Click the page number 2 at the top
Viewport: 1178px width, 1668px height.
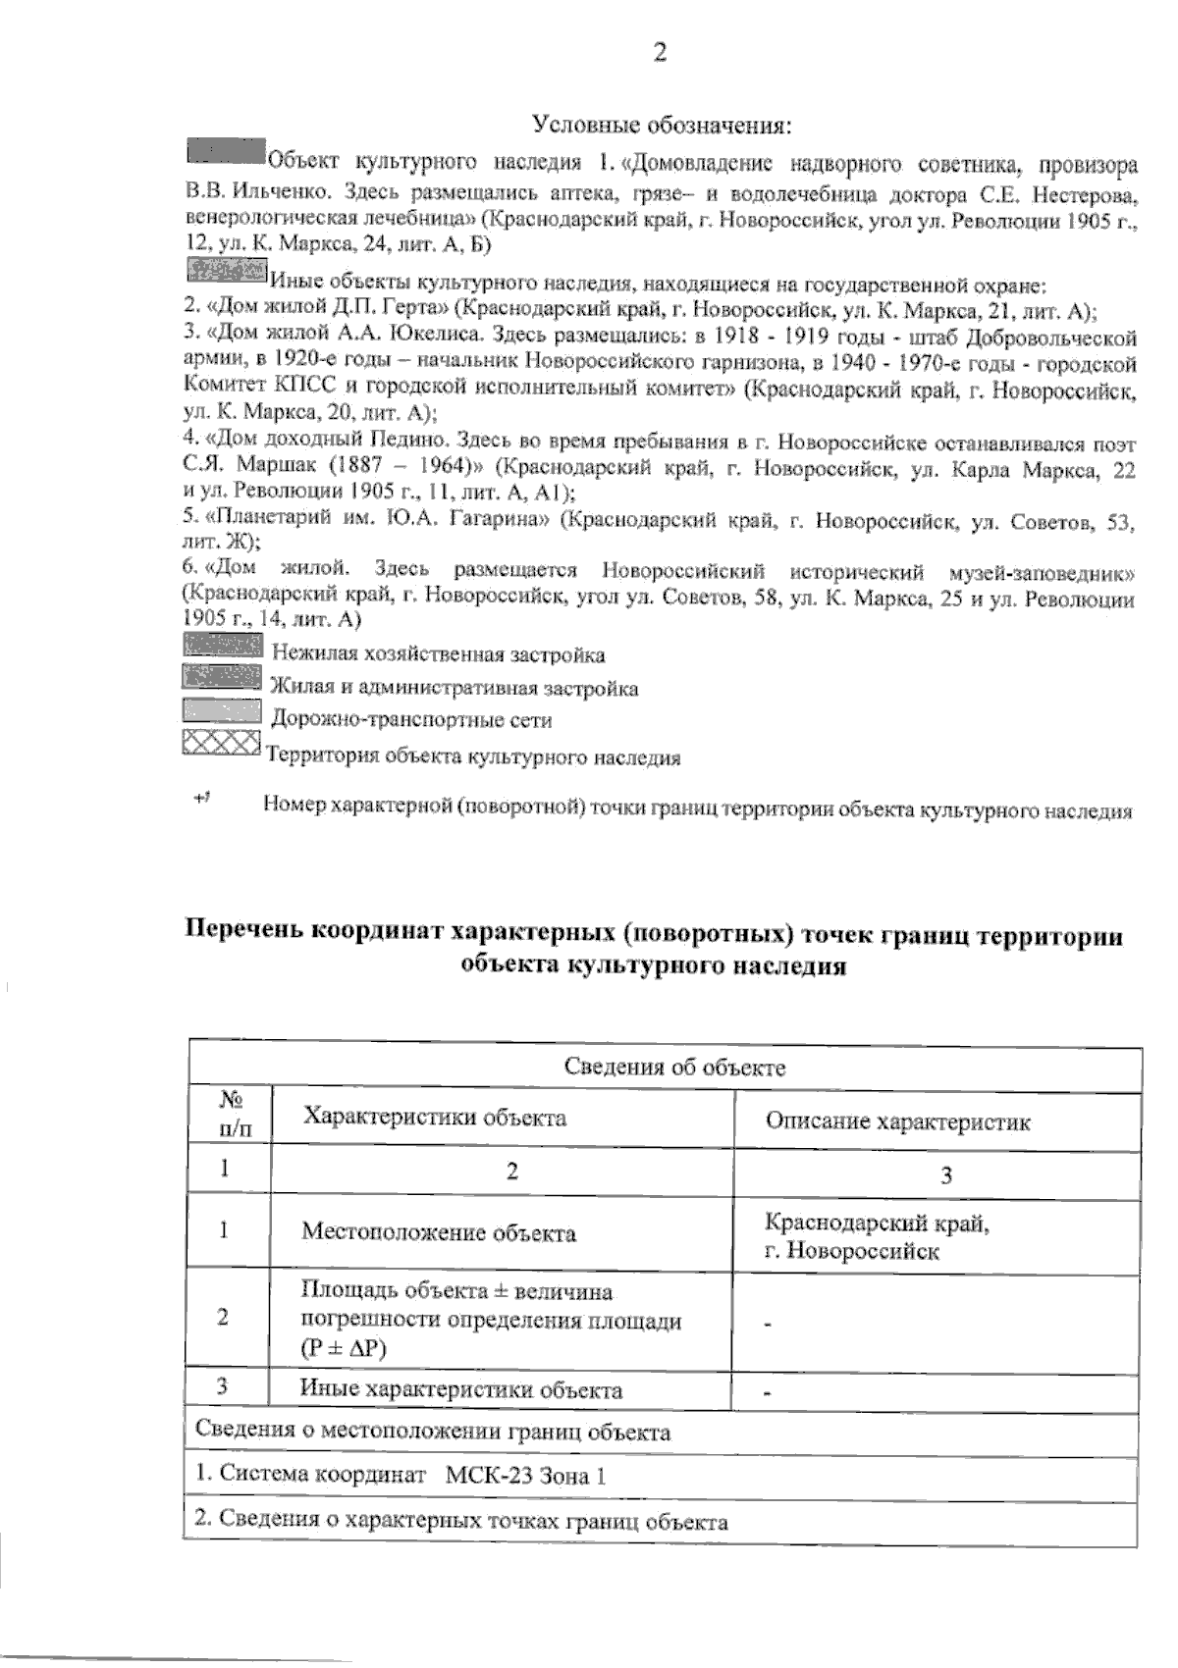click(660, 53)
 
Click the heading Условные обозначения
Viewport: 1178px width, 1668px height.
click(662, 125)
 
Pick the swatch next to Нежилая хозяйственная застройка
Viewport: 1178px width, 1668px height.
click(222, 646)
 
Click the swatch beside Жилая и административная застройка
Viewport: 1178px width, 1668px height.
click(222, 678)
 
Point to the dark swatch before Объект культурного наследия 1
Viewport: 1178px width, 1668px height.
click(226, 151)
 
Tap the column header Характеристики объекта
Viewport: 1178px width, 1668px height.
click(434, 1117)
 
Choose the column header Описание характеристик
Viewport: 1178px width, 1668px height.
click(897, 1121)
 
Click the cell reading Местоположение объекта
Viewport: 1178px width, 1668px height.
click(438, 1232)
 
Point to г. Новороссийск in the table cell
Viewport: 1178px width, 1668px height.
click(852, 1251)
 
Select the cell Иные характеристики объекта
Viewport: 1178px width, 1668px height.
click(460, 1389)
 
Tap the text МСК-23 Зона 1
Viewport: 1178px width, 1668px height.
click(524, 1475)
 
